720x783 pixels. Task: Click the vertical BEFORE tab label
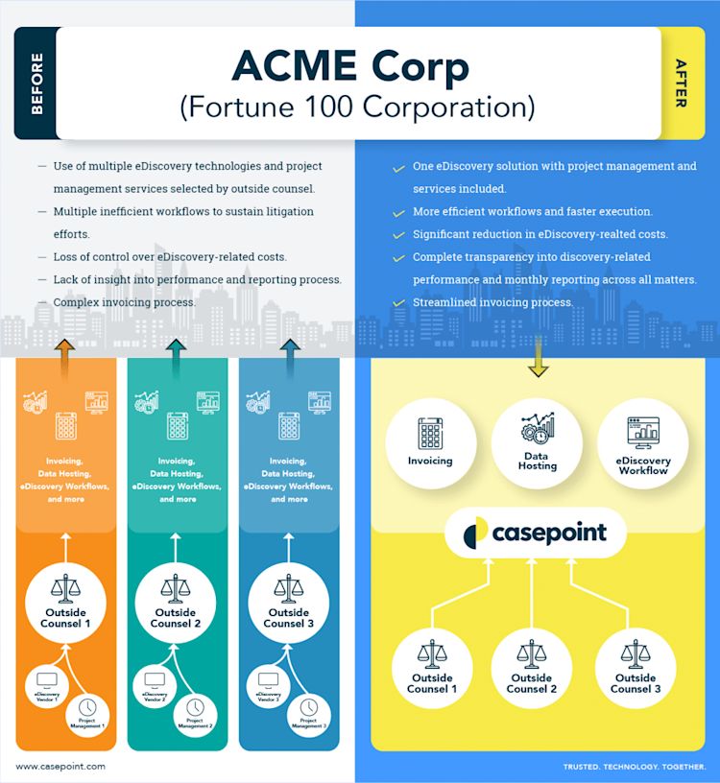[36, 84]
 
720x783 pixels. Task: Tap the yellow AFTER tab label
[681, 84]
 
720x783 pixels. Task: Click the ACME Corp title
[350, 67]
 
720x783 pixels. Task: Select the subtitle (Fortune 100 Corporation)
[357, 107]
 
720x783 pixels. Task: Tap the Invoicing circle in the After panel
[429, 447]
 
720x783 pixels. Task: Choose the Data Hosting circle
[537, 447]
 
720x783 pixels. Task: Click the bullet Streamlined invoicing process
[492, 302]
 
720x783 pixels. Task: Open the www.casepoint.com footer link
[60, 767]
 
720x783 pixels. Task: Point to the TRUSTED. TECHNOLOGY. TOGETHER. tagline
[635, 767]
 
